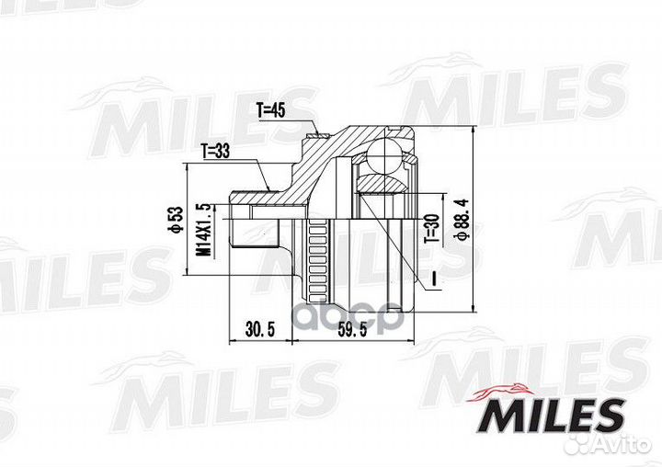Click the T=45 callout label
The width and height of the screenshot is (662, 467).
tap(271, 111)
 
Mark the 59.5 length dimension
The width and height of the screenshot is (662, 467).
tap(352, 329)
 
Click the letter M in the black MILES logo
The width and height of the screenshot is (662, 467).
tap(496, 415)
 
